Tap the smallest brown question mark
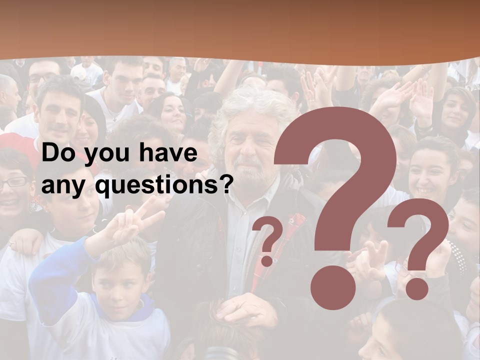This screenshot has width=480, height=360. click(x=268, y=240)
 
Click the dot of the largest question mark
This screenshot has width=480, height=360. click(x=332, y=287)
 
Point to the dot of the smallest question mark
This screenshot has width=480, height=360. click(x=267, y=261)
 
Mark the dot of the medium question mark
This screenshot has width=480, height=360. click(x=416, y=288)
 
